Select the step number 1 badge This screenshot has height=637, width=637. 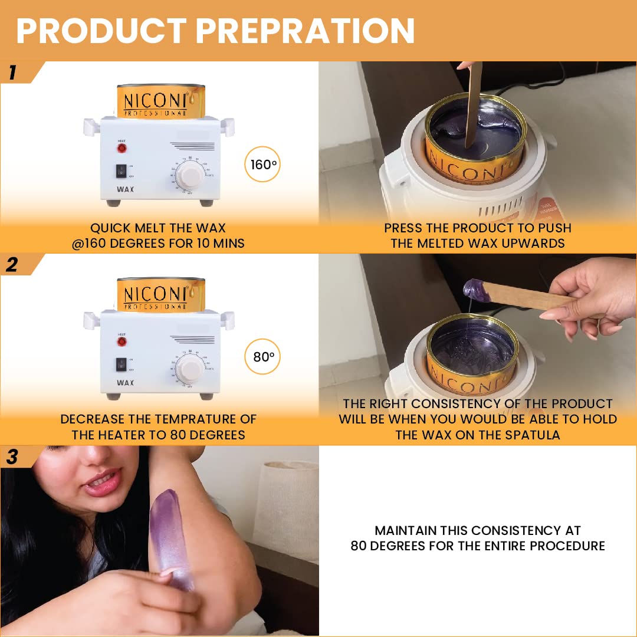point(13,73)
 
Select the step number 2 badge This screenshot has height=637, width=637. point(13,265)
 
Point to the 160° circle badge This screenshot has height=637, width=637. point(262,165)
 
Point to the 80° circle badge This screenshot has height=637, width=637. point(262,357)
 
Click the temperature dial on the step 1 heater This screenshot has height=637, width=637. point(189,176)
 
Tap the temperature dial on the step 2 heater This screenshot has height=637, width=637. point(189,369)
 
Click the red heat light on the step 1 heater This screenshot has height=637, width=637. point(122,148)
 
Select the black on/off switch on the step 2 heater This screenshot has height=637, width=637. point(121,364)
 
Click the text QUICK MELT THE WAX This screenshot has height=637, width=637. point(158,228)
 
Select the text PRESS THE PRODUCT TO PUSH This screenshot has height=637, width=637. point(478,228)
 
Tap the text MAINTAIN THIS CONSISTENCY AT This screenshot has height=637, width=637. point(478,530)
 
